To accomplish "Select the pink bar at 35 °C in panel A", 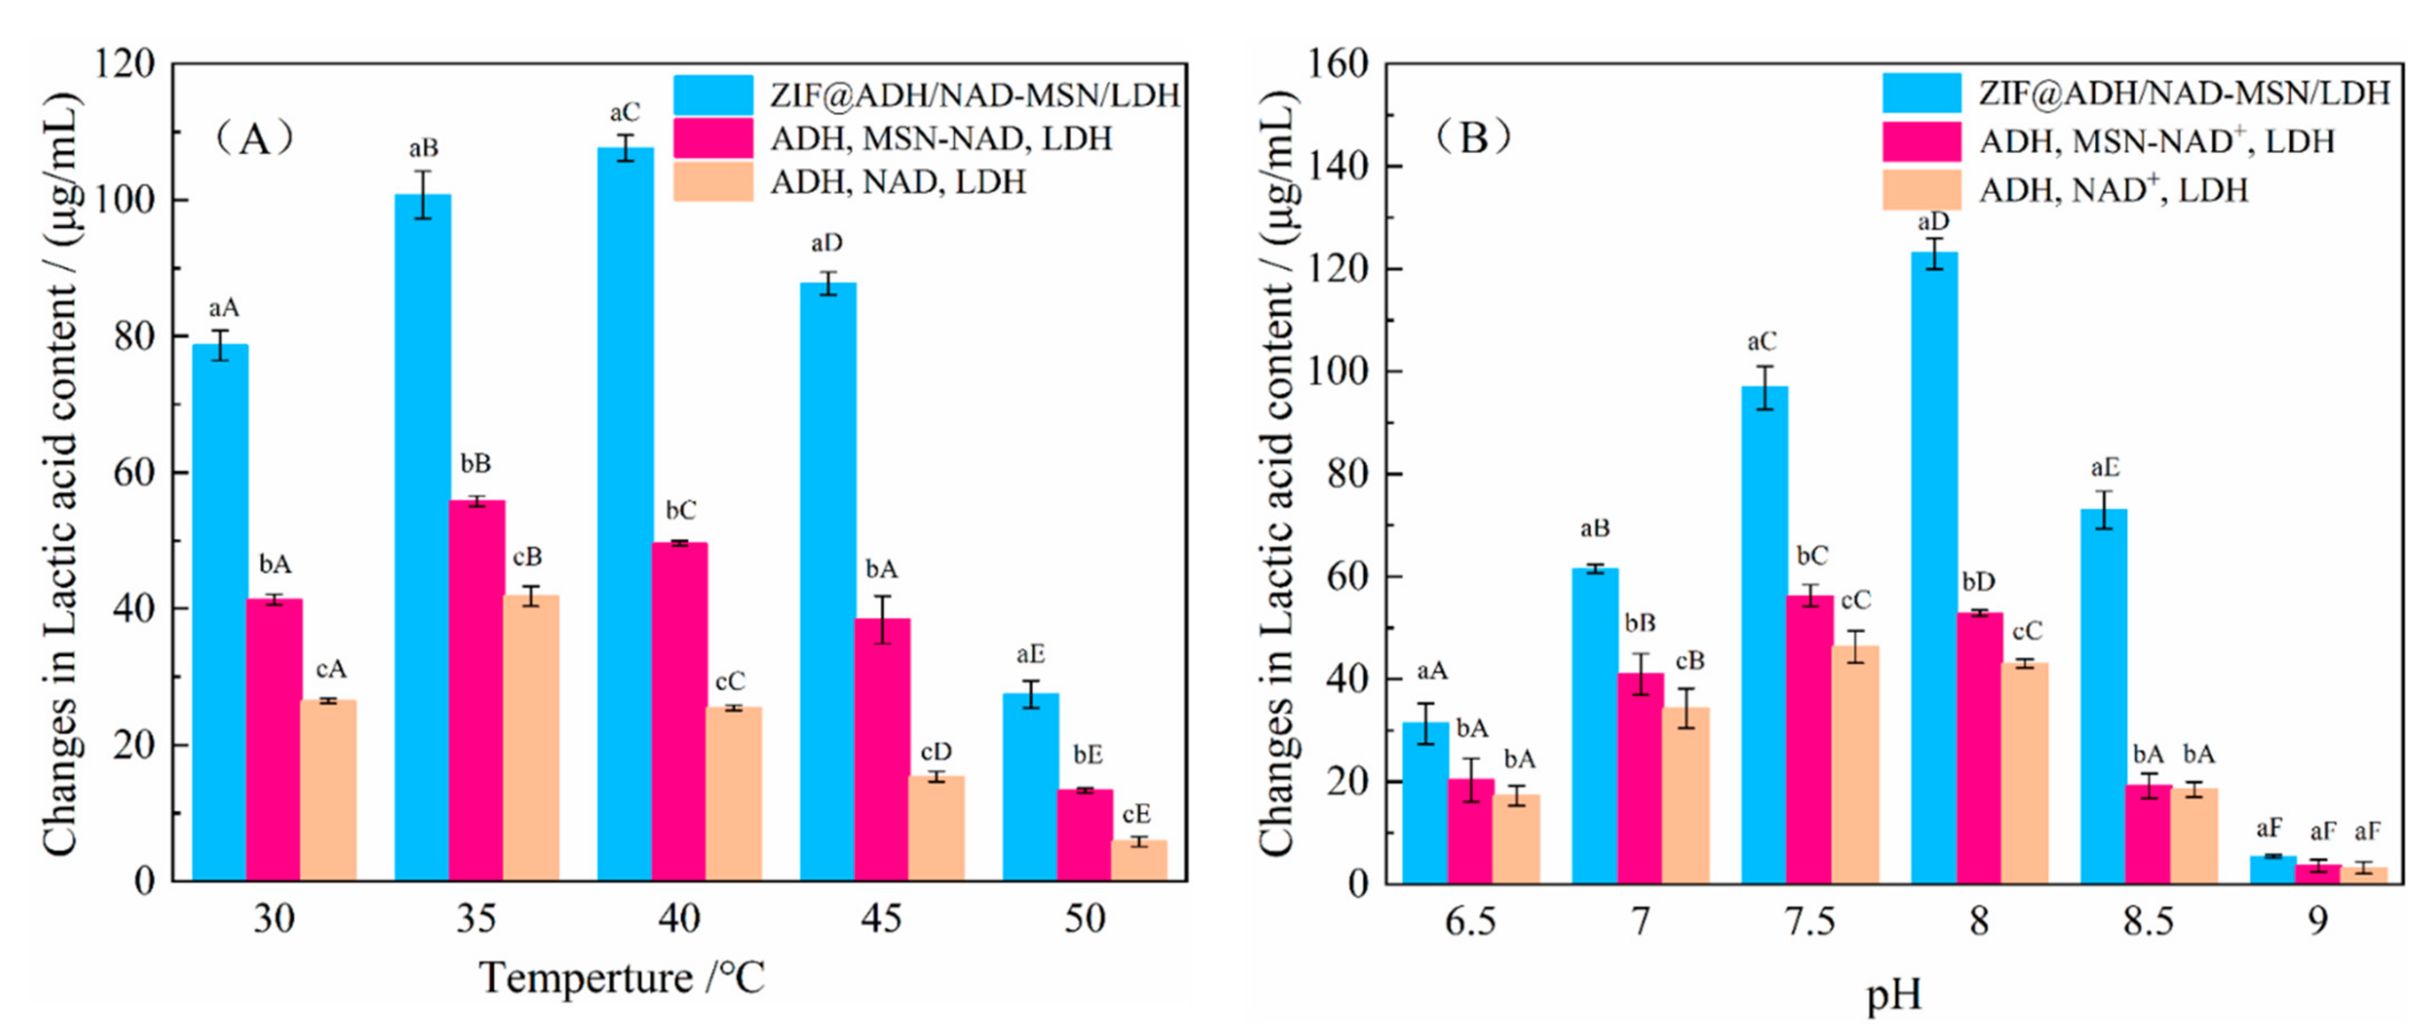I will [476, 690].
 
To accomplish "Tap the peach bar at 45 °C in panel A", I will [936, 828].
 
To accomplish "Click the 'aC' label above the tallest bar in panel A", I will [624, 113].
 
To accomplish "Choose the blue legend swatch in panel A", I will [713, 94].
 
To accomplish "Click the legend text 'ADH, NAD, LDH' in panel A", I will [898, 181].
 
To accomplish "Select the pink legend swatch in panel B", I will [1922, 141].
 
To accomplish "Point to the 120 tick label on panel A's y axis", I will [125, 64].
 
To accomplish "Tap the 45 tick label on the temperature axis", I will [881, 918].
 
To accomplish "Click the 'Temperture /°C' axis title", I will [622, 979].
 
